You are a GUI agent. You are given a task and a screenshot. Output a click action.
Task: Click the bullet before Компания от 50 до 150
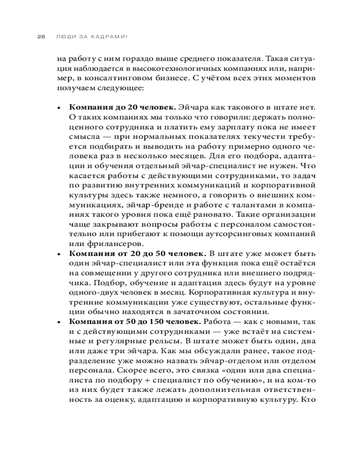[58, 323]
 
